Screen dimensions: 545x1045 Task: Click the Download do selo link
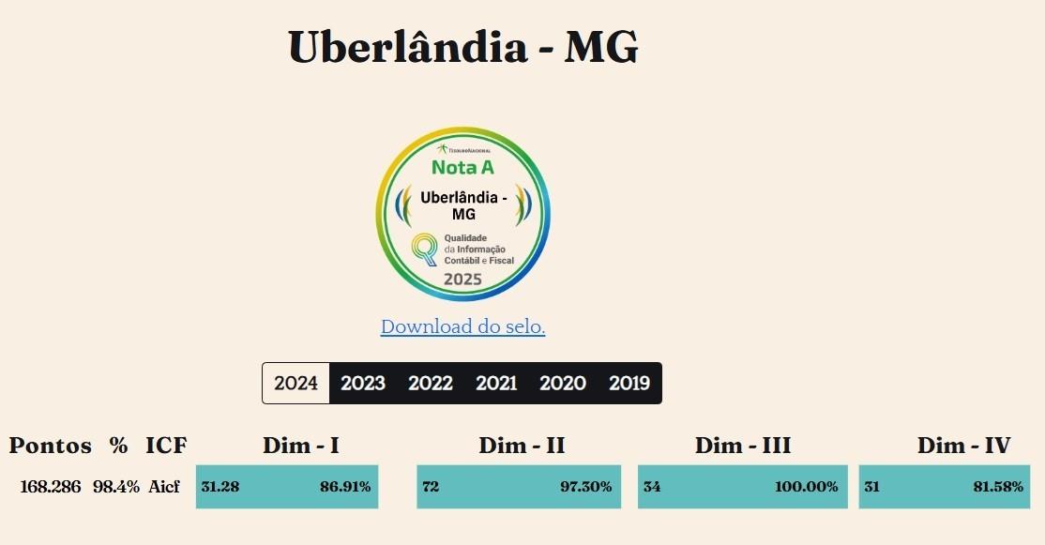(462, 326)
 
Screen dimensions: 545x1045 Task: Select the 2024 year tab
(295, 383)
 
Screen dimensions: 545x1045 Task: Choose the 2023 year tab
(363, 383)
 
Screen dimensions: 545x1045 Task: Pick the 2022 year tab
(431, 383)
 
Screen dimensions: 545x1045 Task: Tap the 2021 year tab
(496, 383)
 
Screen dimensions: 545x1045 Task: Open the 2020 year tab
(563, 383)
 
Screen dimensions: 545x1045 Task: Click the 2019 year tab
(629, 383)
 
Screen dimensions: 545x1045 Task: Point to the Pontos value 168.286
(50, 487)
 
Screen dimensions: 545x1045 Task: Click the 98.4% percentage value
(116, 487)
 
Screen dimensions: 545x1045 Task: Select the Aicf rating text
(163, 487)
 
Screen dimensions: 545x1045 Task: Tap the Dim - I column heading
(300, 446)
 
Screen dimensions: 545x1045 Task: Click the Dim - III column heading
(742, 446)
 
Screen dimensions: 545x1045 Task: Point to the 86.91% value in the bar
(344, 487)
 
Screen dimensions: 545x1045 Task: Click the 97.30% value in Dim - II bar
(586, 487)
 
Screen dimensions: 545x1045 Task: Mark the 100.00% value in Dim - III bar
(806, 487)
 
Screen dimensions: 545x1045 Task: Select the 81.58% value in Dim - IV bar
(998, 487)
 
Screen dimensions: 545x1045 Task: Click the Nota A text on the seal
(462, 168)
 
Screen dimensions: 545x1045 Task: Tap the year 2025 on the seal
(462, 279)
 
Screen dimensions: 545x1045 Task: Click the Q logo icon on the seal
(426, 249)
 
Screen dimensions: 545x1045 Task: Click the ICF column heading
(166, 446)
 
